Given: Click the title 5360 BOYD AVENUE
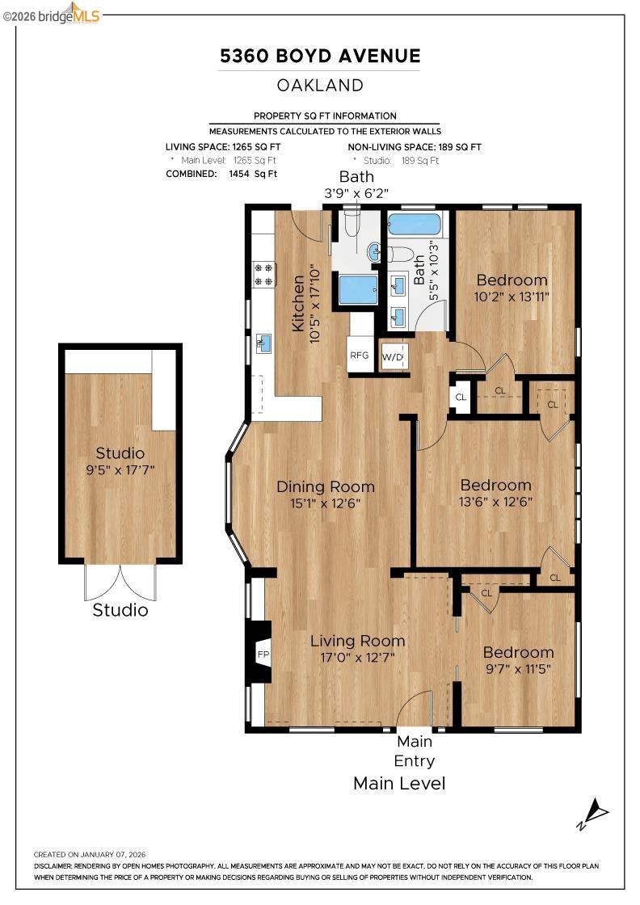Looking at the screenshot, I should pos(320,56).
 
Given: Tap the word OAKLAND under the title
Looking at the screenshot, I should pos(320,85).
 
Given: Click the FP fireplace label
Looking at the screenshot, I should pos(262,654).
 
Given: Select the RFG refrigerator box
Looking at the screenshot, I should pos(359,355).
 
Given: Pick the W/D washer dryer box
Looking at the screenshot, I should pos(393,356).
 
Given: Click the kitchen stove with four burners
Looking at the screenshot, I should pos(263,274).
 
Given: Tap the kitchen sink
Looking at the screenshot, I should pos(263,343).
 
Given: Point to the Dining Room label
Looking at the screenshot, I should pos(326,486).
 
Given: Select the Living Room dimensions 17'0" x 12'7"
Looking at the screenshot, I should pos(358,658).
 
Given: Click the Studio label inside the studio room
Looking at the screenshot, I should pos(120,452).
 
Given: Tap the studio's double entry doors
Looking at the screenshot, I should pos(120,582).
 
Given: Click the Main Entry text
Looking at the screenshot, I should pos(415,751).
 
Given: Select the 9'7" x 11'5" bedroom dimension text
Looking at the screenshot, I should pos(518,668).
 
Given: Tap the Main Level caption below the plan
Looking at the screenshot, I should pos(399,783).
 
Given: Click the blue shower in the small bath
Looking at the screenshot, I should pos(358,289).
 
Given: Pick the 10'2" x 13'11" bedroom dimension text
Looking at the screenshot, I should pos(512,297).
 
